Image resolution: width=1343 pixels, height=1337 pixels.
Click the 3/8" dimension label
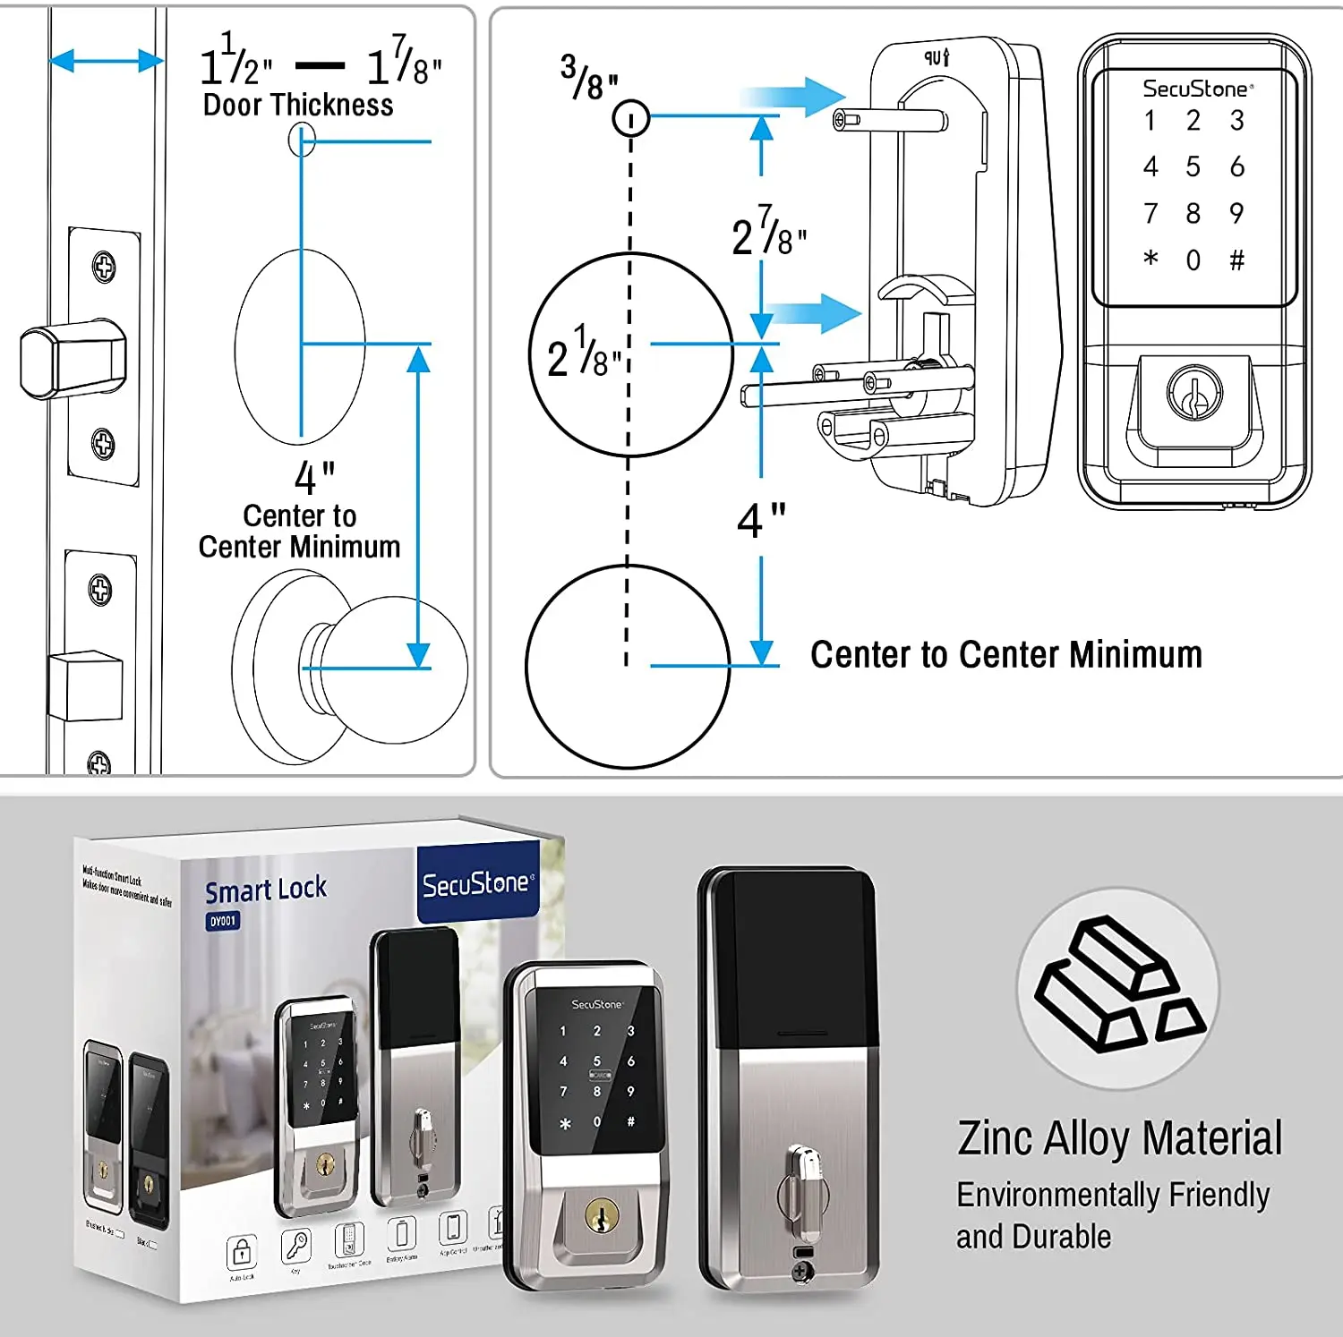589,79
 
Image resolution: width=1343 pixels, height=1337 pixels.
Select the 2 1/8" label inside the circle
584,353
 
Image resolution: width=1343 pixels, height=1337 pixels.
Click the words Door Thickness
298,106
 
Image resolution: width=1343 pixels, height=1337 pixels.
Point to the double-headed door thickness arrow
107,61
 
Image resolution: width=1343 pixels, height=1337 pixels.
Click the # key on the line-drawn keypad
1236,260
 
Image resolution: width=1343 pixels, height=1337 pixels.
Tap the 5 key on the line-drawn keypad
1193,166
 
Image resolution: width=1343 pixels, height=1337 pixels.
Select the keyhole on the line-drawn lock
1193,393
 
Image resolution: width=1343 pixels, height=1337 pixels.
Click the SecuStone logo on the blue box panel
477,884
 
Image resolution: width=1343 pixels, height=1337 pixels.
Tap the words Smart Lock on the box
266,890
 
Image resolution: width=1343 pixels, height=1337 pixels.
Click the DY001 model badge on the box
223,921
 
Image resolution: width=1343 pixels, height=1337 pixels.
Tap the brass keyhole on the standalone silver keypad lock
601,1215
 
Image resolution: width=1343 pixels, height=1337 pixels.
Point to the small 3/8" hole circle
630,117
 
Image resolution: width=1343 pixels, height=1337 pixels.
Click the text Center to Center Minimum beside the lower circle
1005,654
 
